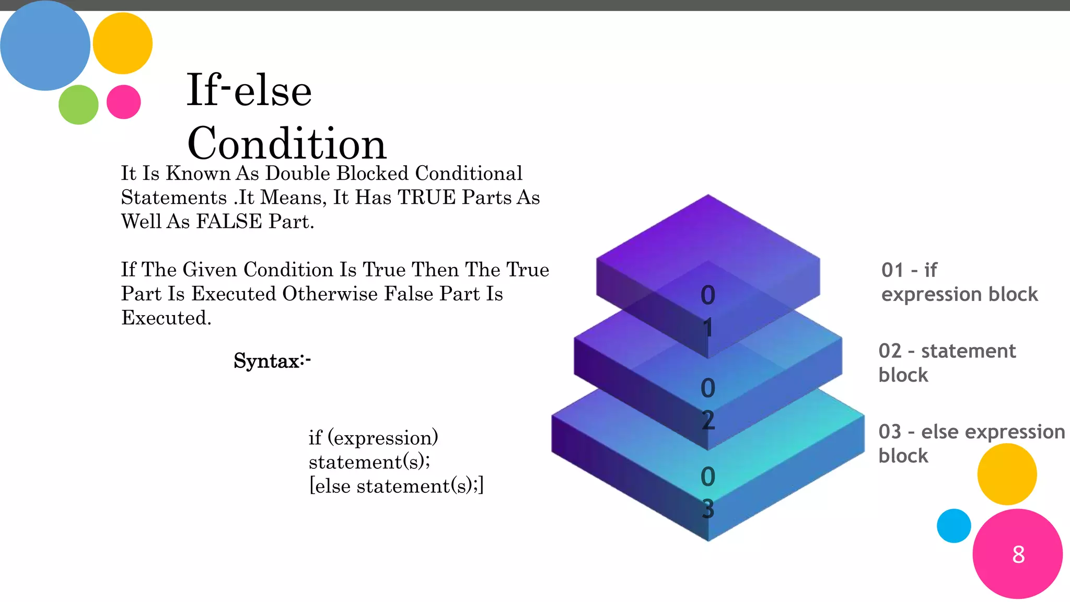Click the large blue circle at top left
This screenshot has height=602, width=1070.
click(45, 46)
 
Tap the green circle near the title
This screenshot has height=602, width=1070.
click(78, 105)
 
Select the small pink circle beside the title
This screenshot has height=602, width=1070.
click(124, 102)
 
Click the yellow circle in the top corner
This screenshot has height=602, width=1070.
click(123, 43)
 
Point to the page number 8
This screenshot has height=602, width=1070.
click(1018, 554)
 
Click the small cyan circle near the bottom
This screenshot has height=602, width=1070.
click(953, 526)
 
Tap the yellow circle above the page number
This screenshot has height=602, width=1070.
click(1007, 474)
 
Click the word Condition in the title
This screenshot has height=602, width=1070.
click(286, 144)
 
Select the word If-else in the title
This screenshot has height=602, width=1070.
click(249, 90)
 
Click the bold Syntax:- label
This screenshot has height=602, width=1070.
click(272, 361)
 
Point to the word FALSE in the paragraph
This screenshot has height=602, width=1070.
click(229, 222)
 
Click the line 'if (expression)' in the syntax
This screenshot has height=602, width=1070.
click(373, 438)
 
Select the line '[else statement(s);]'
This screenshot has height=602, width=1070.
click(396, 486)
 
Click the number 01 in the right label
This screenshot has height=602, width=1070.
click(892, 270)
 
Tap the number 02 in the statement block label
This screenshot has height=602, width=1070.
click(890, 351)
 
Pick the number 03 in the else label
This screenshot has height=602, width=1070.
click(890, 432)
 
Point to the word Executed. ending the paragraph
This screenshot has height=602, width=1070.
click(166, 318)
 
